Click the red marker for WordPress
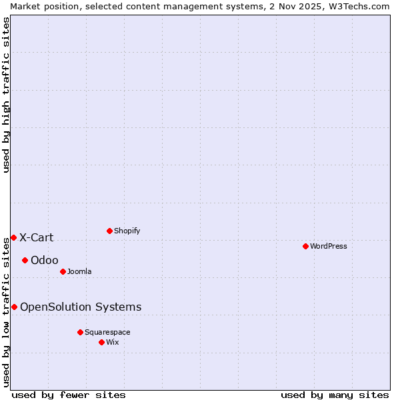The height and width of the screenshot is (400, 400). point(305,246)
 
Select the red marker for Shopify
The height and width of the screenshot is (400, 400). point(109,231)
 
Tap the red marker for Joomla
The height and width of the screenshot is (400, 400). point(63,271)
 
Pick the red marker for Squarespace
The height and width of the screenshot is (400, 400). point(80,332)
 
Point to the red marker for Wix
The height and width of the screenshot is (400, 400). point(101,342)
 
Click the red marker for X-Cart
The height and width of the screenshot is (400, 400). point(13,237)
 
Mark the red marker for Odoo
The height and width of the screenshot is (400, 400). point(25,260)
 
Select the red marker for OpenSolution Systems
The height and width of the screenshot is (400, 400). point(14,307)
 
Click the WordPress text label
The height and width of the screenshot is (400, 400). point(329,246)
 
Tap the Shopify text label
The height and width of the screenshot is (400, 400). point(127,231)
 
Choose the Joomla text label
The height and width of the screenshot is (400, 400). point(79,271)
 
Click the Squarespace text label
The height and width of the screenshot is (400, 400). point(107,332)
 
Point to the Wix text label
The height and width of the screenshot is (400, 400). point(113,342)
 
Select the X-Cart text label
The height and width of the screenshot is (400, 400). point(36,237)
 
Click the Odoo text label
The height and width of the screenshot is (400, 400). point(45,260)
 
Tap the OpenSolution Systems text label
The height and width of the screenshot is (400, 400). point(81,307)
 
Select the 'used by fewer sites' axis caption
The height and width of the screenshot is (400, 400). point(69,395)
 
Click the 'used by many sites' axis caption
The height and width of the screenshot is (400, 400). point(335,395)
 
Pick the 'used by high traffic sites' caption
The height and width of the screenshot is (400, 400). point(6,95)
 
